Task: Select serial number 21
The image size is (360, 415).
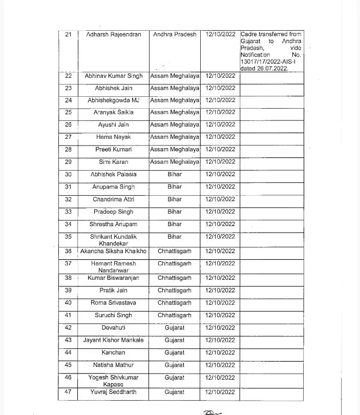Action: click(x=69, y=34)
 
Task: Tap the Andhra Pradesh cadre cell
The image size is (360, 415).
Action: click(x=175, y=34)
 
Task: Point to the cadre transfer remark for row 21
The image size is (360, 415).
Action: click(x=271, y=51)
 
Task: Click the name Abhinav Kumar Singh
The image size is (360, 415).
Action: click(x=114, y=76)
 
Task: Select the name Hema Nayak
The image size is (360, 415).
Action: click(x=114, y=137)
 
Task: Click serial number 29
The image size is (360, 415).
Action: click(x=69, y=162)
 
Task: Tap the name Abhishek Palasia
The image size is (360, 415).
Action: click(x=114, y=174)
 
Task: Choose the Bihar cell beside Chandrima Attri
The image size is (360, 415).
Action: click(x=175, y=199)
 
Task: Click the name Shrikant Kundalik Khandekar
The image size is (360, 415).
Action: click(x=114, y=240)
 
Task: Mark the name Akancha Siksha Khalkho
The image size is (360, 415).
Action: click(x=114, y=251)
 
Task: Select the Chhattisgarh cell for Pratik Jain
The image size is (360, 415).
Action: click(x=175, y=291)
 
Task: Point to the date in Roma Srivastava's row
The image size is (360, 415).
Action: click(x=220, y=303)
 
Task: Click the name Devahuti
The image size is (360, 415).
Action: click(x=114, y=328)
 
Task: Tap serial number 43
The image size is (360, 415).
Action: click(x=69, y=340)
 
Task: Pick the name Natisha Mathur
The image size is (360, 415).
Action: click(x=114, y=365)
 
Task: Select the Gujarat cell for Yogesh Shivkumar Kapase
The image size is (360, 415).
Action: click(x=175, y=378)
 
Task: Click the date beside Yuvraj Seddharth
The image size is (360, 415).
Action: click(x=220, y=392)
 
